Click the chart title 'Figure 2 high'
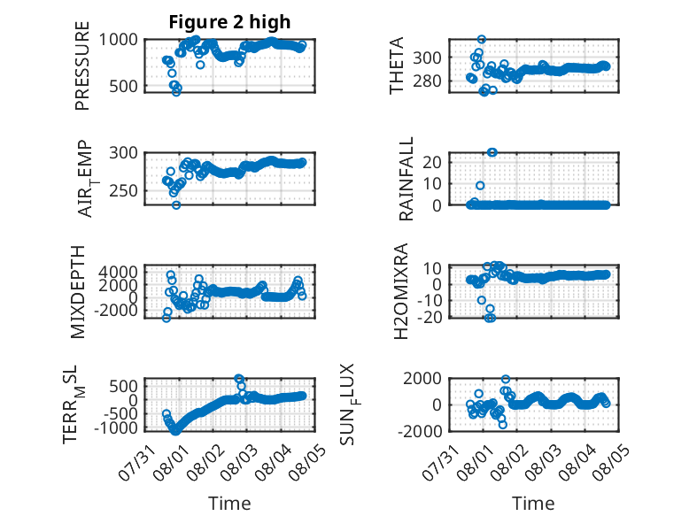229,22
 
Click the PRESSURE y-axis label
82,65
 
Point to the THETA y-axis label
397,65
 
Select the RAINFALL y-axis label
406,179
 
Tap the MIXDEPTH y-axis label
78,292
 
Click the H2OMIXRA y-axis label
401,291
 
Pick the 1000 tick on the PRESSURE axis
118,40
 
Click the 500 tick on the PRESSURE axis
123,86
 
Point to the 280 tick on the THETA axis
428,81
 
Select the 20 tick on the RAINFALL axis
433,162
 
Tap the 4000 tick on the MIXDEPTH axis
118,272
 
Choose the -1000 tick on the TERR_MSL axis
116,427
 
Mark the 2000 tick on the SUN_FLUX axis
422,378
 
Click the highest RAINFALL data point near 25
492,152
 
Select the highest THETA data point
482,40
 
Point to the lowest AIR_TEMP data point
176,205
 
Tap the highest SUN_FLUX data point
506,379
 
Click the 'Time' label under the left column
229,504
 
